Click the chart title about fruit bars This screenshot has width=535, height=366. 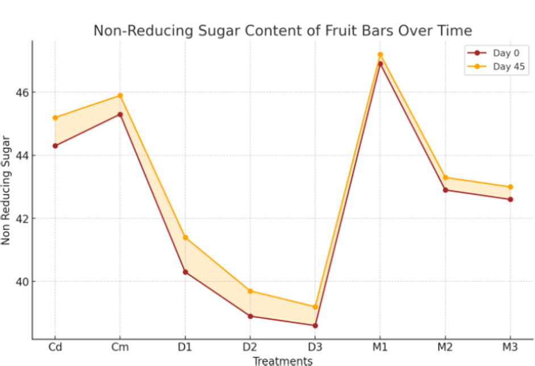pyautogui.click(x=282, y=31)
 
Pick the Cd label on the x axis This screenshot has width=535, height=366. pyautogui.click(x=55, y=346)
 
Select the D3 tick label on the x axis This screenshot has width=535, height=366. pyautogui.click(x=315, y=346)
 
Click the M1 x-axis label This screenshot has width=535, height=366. pyautogui.click(x=380, y=346)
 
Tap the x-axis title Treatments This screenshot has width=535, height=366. pyautogui.click(x=282, y=361)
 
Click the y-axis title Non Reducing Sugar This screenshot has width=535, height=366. pyautogui.click(x=6, y=190)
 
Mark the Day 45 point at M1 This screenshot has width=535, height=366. pyautogui.click(x=380, y=55)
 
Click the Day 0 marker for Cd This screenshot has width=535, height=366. pyautogui.click(x=55, y=146)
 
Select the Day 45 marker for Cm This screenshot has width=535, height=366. pyautogui.click(x=120, y=95)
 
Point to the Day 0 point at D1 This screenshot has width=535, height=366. pyautogui.click(x=185, y=272)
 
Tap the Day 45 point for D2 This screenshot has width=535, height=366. pyautogui.click(x=250, y=291)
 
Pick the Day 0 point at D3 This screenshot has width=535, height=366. pyautogui.click(x=315, y=326)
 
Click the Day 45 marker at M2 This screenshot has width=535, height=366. pyautogui.click(x=445, y=177)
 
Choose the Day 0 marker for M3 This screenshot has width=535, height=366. pyautogui.click(x=510, y=199)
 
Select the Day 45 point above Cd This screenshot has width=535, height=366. pyautogui.click(x=55, y=118)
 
